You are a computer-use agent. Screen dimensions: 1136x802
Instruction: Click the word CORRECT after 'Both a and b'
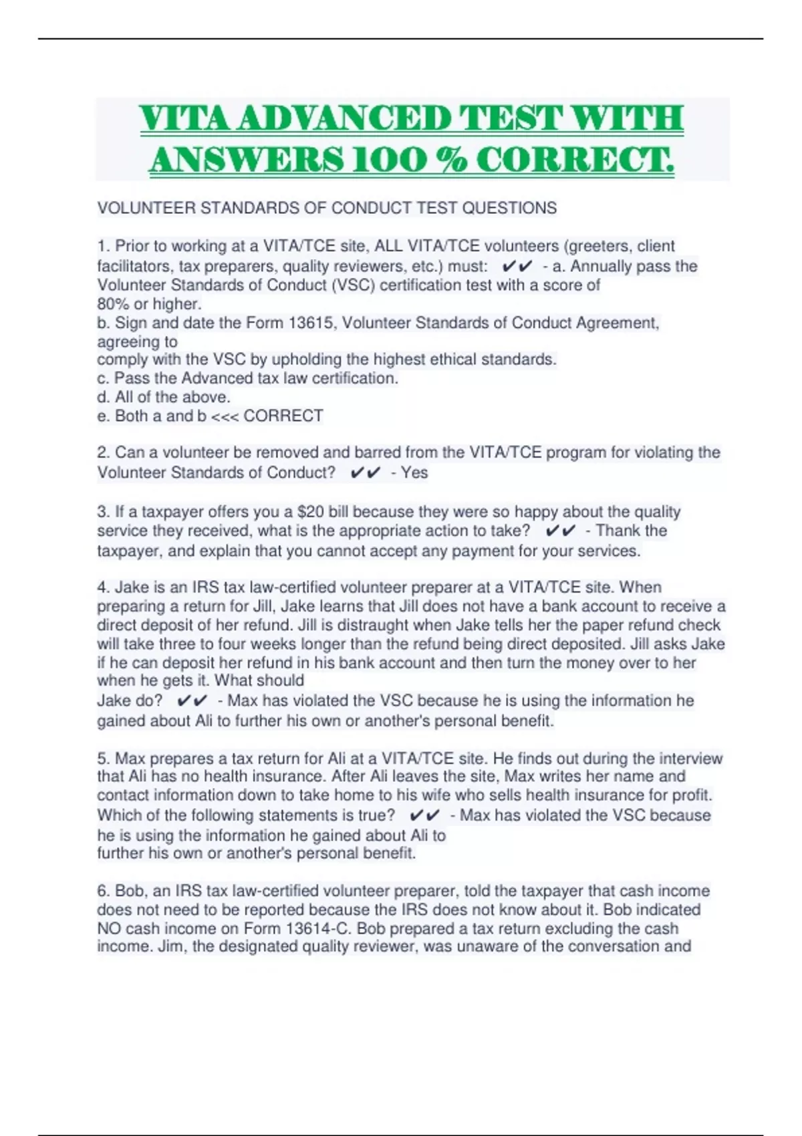point(283,416)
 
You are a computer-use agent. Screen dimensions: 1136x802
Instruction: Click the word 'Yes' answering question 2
point(414,472)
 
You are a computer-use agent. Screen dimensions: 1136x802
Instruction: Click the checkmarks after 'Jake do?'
point(192,700)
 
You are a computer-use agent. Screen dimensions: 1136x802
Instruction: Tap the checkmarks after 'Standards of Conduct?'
point(365,472)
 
